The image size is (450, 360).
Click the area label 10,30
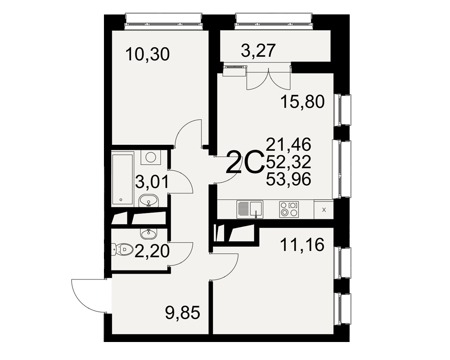148,54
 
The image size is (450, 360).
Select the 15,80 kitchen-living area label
302,102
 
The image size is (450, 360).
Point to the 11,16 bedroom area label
302,245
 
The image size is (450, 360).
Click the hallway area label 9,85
183,313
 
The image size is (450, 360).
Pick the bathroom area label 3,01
152,182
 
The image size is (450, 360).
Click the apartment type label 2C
245,162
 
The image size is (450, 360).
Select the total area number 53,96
288,180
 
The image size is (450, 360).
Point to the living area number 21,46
288,144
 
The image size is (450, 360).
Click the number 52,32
288,162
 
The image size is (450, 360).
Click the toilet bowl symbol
122,249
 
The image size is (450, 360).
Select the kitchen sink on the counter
250,210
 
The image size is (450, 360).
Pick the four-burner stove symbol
289,209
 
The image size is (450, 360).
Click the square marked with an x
324,210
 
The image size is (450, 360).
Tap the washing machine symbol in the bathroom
151,158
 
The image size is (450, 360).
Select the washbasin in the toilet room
148,234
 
